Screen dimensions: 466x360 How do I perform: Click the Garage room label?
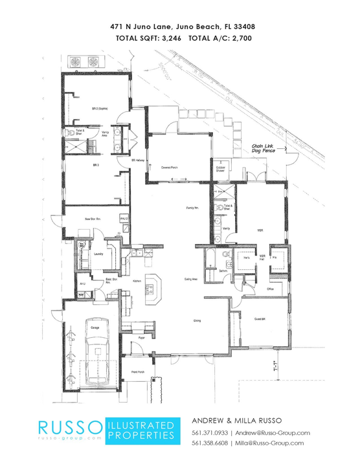pyautogui.click(x=95, y=328)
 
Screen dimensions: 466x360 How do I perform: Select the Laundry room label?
pyautogui.click(x=98, y=254)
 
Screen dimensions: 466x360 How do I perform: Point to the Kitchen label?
pyautogui.click(x=137, y=281)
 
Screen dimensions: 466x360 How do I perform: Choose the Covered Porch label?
pyautogui.click(x=170, y=167)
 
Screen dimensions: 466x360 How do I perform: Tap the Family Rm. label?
pyautogui.click(x=192, y=208)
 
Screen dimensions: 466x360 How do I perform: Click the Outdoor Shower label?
pyautogui.click(x=220, y=169)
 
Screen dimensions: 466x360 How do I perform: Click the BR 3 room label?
pyautogui.click(x=95, y=166)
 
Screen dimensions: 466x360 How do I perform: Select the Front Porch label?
pyautogui.click(x=137, y=373)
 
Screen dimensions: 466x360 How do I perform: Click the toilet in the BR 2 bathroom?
pyautogui.click(x=71, y=132)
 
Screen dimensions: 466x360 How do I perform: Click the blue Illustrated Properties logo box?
pyautogui.click(x=141, y=430)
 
